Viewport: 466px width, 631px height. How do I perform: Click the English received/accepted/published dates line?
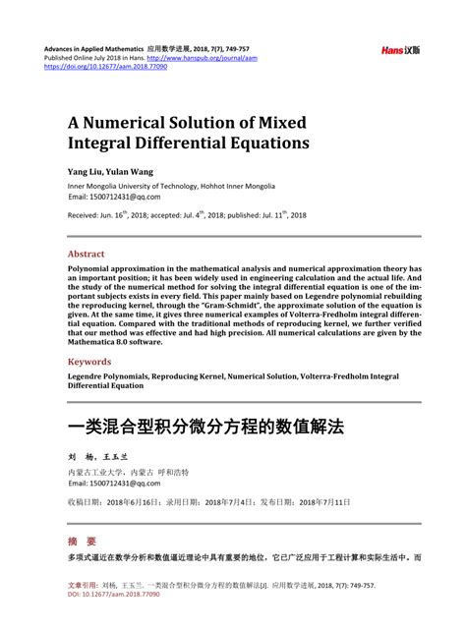click(x=187, y=214)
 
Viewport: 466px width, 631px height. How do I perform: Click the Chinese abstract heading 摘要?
click(x=82, y=541)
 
